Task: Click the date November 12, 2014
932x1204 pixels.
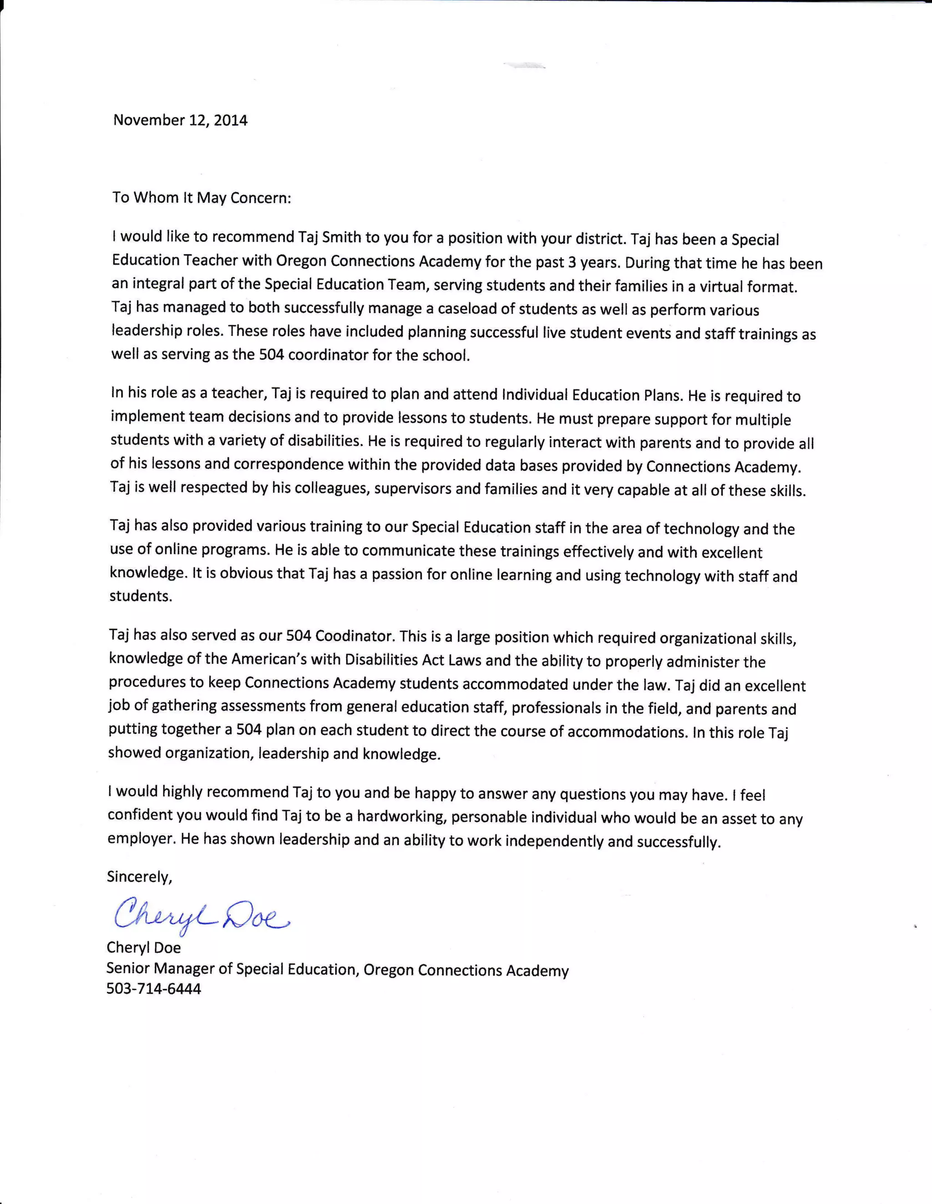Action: point(180,120)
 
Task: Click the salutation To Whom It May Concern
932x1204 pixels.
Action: point(201,198)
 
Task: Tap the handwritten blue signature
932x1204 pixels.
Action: point(201,915)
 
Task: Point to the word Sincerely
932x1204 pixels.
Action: point(139,877)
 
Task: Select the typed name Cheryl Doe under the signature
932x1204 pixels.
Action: point(143,947)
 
